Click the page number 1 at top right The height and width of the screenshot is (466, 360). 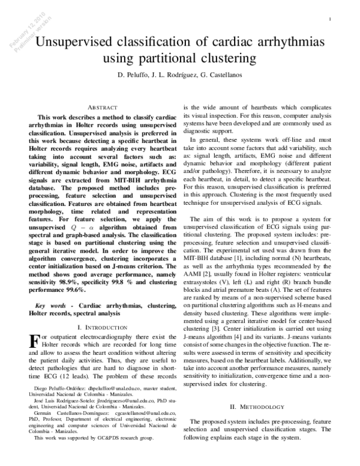click(331, 20)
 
